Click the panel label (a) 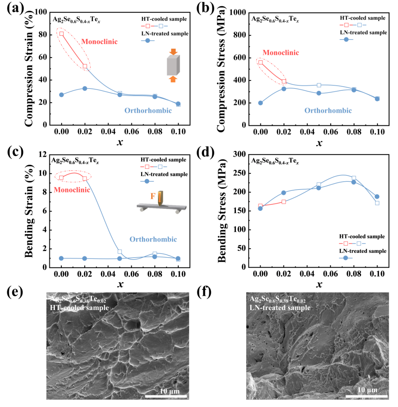(x=15, y=8)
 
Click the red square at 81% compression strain (x=62, y=34)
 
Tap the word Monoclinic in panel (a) (x=99, y=42)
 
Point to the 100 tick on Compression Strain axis (x=45, y=13)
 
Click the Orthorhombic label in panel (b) (x=328, y=110)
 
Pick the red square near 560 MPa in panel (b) (x=261, y=62)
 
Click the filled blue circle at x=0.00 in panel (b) (x=261, y=103)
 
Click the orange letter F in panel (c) (x=152, y=197)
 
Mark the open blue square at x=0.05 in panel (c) (x=120, y=252)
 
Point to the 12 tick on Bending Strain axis (x=47, y=154)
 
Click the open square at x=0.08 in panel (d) (x=354, y=178)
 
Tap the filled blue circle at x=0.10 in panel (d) (x=377, y=196)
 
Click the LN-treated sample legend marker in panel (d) (x=345, y=258)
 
